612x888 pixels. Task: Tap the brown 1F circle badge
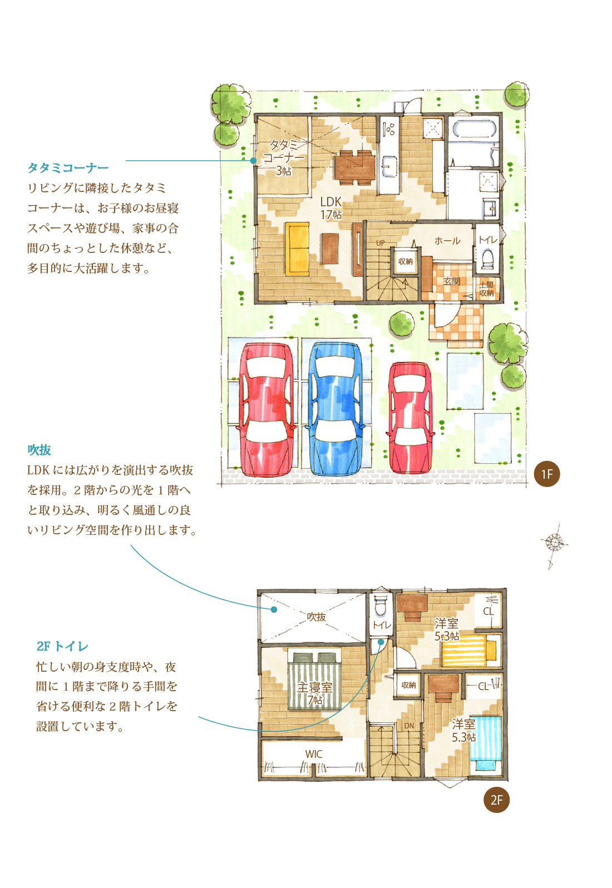tap(546, 474)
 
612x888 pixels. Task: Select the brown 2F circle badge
tap(496, 800)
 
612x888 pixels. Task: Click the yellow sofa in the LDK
tap(297, 249)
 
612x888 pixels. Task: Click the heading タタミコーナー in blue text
tap(68, 168)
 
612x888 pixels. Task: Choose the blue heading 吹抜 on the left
tap(40, 450)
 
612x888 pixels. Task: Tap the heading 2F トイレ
tap(62, 647)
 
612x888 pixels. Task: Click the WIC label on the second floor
tap(313, 754)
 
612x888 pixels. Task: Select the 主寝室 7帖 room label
tap(315, 693)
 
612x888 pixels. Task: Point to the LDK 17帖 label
tap(331, 208)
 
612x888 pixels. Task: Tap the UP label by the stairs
tap(381, 243)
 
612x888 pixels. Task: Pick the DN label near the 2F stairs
tap(409, 726)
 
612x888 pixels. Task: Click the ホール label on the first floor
tap(447, 241)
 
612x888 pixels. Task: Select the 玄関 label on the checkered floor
tap(451, 281)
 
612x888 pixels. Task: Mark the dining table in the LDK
tap(354, 168)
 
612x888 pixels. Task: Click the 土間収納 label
tap(486, 289)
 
